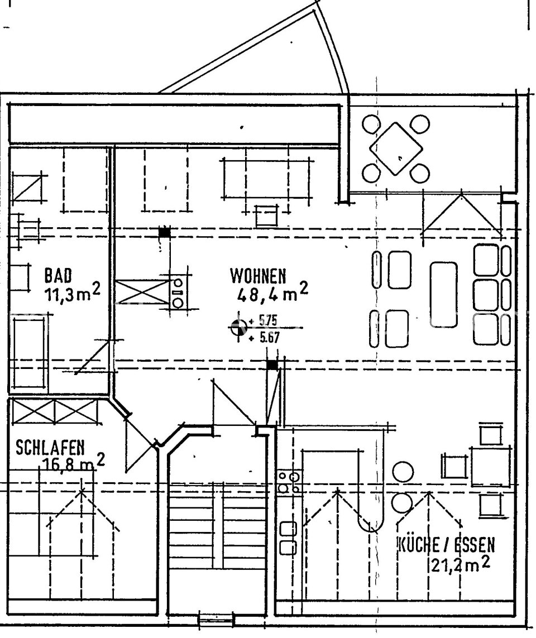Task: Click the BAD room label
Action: coord(58,275)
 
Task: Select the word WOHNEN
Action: coord(258,276)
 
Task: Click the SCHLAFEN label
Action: coord(50,448)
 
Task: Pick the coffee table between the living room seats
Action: coord(444,294)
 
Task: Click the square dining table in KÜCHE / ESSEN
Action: coord(490,466)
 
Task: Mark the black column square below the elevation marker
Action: coord(272,365)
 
